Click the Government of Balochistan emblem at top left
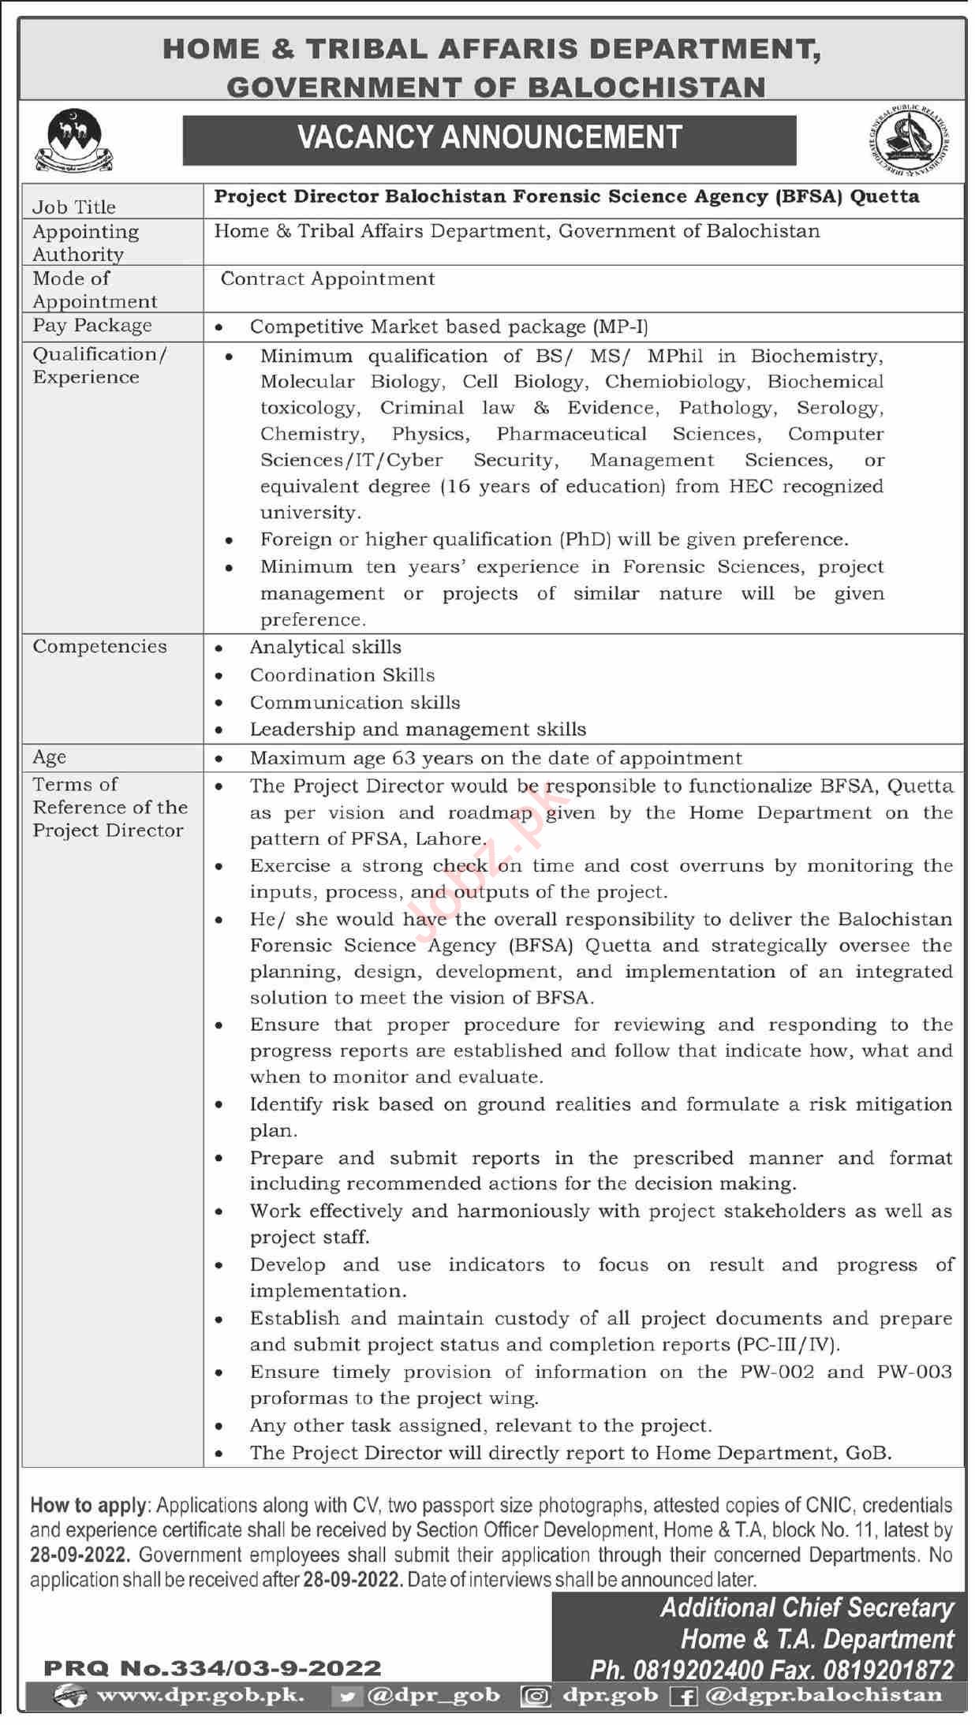[74, 140]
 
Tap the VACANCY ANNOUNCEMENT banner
[489, 138]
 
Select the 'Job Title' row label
[74, 207]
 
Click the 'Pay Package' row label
[92, 325]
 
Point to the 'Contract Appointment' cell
[327, 279]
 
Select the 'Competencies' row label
[99, 647]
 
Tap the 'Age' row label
[49, 757]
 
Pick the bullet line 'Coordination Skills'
[342, 675]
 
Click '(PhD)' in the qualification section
[585, 540]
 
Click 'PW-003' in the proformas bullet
[913, 1372]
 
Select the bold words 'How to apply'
[88, 1506]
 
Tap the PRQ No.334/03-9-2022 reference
[212, 1668]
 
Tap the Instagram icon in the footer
[536, 1695]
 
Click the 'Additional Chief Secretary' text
[806, 1607]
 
